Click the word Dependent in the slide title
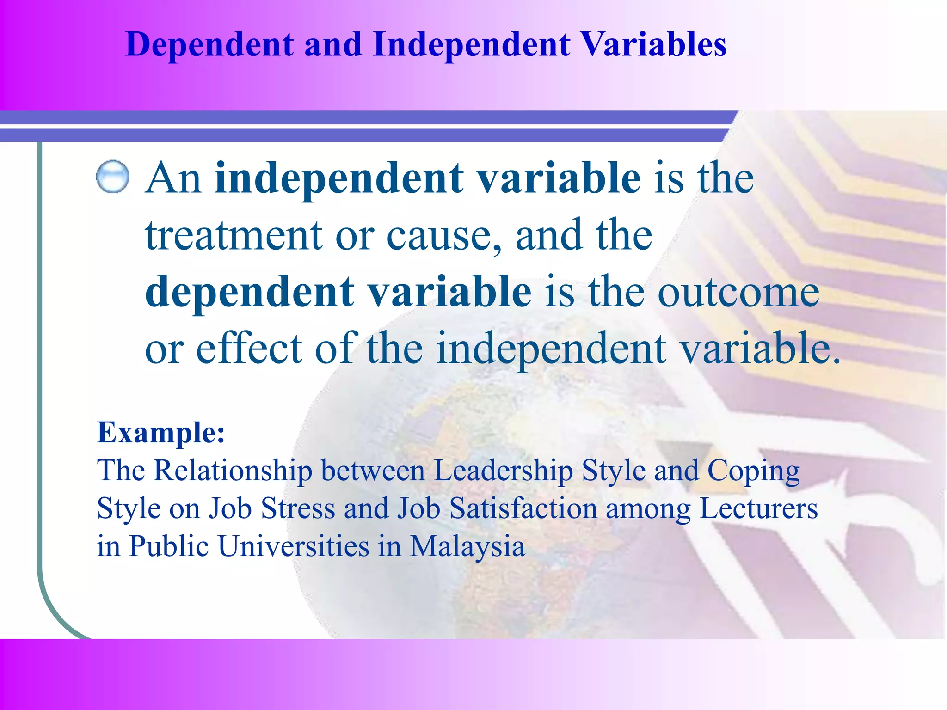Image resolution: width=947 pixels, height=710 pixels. [209, 45]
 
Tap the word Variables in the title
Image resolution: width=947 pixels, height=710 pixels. [652, 45]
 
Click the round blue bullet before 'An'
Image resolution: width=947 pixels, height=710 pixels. [112, 177]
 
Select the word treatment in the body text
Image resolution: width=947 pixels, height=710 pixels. [234, 236]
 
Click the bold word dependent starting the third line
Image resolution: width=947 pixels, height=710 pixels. [249, 292]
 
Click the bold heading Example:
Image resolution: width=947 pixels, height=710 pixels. [161, 433]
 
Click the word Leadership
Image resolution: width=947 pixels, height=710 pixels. [503, 471]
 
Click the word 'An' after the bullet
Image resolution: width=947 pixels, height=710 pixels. [173, 178]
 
